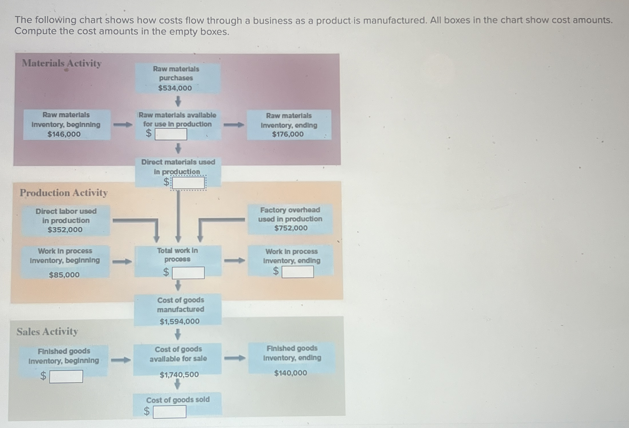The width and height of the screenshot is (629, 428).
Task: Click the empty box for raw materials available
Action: point(171,134)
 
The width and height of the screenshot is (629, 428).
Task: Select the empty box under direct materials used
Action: point(188,183)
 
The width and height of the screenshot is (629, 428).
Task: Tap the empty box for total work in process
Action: point(188,273)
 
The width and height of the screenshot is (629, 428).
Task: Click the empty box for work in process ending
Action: point(298,272)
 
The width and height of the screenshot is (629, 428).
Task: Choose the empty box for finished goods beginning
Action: point(66,376)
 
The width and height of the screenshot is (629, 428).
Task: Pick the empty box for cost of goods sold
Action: point(169,412)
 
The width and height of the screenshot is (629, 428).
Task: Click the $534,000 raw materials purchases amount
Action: point(175,88)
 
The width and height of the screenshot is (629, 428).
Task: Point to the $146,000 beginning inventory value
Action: point(64,134)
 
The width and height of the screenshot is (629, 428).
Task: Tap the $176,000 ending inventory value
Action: point(288,134)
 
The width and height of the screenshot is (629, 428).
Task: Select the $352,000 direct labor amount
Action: point(65,230)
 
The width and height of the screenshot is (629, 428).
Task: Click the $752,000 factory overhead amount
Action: point(291,228)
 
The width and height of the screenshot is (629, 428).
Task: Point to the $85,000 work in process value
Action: point(64,275)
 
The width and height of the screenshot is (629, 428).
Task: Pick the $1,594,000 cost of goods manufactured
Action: point(180,321)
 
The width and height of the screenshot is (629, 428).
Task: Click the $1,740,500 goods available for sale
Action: point(179,374)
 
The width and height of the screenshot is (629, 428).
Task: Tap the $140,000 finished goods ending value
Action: point(291,373)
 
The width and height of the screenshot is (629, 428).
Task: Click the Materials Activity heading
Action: point(62,63)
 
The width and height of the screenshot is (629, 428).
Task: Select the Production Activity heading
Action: point(64,193)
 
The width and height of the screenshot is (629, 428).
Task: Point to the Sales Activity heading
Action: point(47,332)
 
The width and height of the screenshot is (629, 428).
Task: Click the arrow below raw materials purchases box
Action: point(178,101)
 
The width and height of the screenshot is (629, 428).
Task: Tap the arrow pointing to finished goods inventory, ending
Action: point(235,358)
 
